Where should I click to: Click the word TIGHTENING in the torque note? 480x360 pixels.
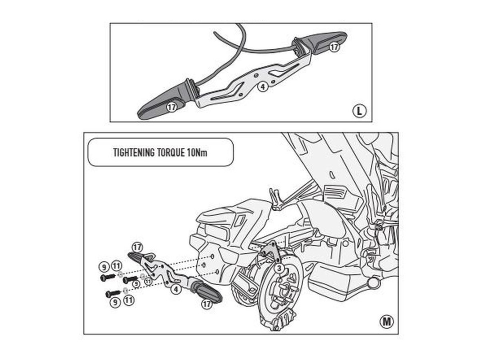pos(134,152)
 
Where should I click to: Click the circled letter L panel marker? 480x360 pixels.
pos(359,111)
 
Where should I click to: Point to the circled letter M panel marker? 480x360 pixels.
pos(387,322)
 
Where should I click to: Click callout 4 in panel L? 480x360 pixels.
pos(263,87)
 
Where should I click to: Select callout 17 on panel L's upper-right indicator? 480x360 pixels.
pos(334,47)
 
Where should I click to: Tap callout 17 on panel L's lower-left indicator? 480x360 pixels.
pos(172,107)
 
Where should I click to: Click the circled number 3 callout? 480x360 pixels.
pos(279,268)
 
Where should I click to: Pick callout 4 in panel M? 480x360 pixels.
pos(176,289)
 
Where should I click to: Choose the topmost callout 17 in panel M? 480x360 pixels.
pos(137,248)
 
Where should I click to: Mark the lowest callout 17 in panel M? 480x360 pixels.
pos(207,304)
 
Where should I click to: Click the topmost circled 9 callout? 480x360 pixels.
pos(104,267)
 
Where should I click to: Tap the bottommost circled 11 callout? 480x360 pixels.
pos(129,300)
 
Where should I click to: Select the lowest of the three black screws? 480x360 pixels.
pos(113,294)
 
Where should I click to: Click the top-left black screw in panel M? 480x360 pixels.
pos(108,277)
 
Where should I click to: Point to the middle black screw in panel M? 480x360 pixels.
pos(130,279)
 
